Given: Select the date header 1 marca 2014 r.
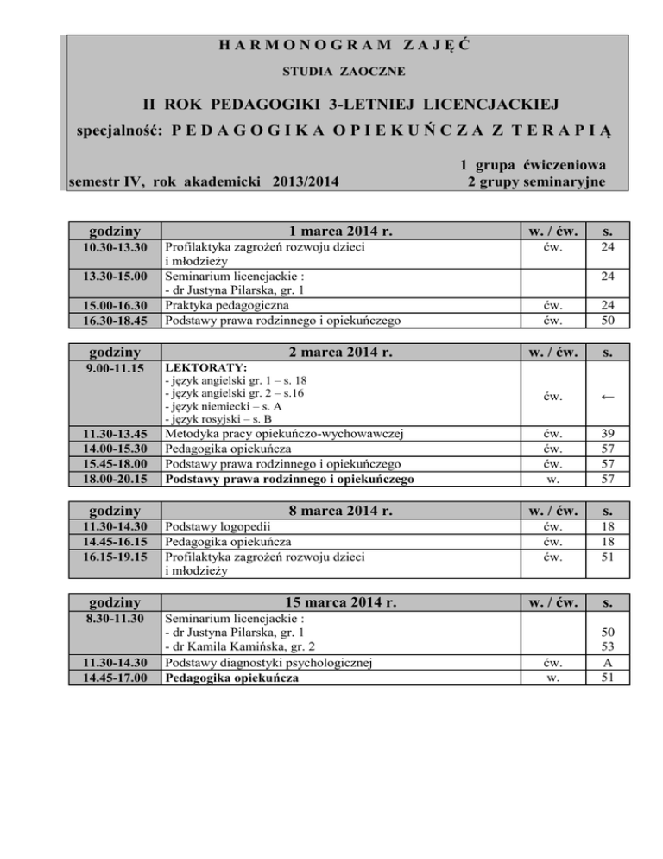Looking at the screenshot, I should [341, 231].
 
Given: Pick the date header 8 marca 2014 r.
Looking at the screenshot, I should [341, 511].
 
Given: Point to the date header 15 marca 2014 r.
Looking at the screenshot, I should [341, 601].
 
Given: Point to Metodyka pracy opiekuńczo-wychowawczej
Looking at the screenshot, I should [286, 433].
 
